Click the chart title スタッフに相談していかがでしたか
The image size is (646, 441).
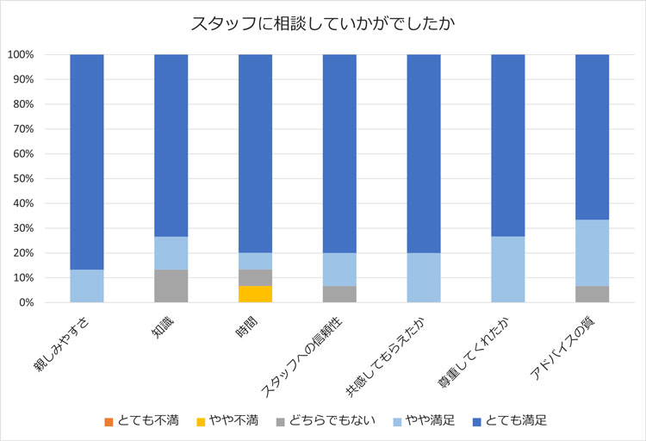[322, 23]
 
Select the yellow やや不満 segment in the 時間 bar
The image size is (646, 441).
[255, 294]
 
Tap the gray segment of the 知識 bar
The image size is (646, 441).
[171, 286]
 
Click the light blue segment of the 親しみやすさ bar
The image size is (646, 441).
[86, 286]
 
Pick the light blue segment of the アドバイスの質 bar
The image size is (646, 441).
[592, 252]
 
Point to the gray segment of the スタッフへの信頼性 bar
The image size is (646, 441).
[339, 295]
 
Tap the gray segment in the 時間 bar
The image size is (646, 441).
[255, 277]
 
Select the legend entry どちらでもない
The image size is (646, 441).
[325, 420]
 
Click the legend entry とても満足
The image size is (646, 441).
[512, 420]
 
